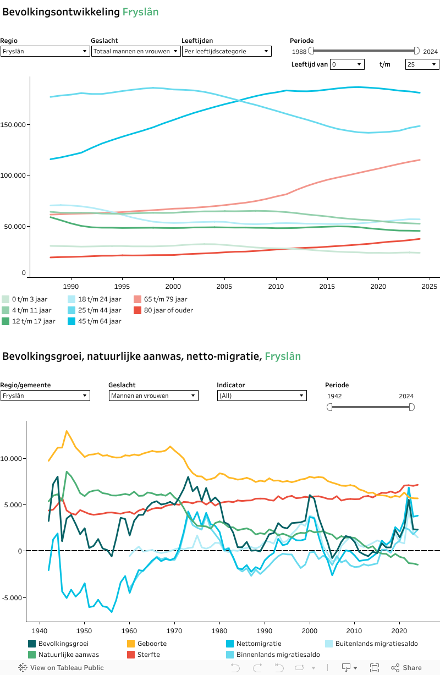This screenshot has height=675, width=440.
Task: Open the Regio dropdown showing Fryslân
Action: [x=45, y=51]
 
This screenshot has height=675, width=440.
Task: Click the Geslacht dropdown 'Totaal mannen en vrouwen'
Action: [x=136, y=51]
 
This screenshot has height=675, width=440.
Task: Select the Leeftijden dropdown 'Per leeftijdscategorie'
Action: [x=227, y=51]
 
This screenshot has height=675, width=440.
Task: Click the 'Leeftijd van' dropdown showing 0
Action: [x=347, y=64]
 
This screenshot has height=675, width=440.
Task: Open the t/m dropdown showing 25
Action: [x=422, y=64]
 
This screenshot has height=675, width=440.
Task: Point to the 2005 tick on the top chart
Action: [x=224, y=286]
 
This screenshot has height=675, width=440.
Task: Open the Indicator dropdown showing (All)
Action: [x=261, y=396]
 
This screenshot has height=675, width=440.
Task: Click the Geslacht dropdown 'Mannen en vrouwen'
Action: [x=153, y=396]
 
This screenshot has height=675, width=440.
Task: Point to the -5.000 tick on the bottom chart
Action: [x=13, y=597]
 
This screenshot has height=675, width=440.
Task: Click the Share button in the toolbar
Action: [x=406, y=668]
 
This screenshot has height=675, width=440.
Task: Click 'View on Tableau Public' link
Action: [x=61, y=668]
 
